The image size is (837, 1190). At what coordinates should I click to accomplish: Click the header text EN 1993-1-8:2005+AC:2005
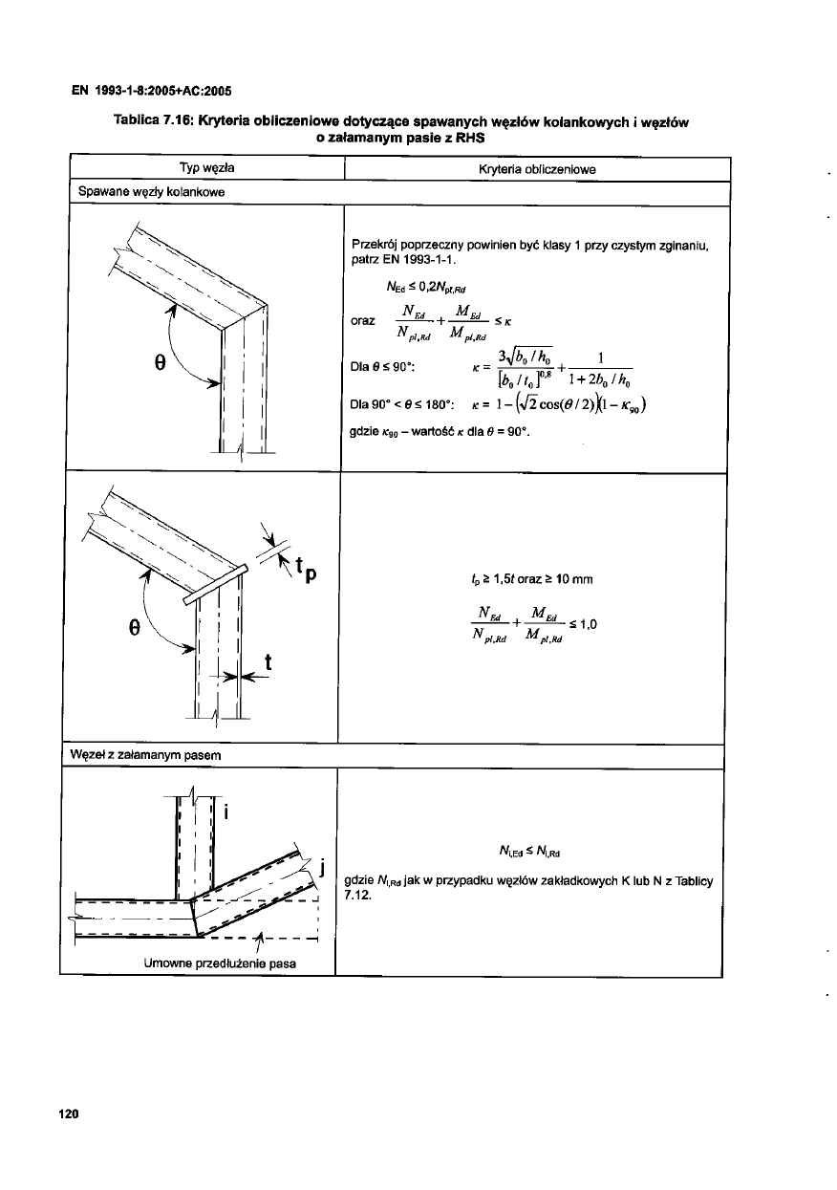click(x=153, y=92)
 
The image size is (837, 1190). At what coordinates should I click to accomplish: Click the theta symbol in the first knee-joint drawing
click(x=161, y=363)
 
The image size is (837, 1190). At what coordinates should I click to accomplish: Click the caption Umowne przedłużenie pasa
click(x=219, y=963)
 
